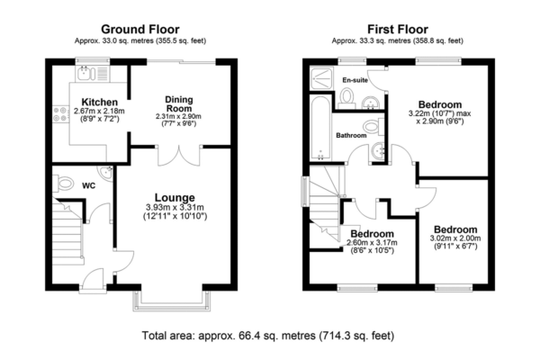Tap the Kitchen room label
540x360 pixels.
[96, 102]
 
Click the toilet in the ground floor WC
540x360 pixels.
[62, 184]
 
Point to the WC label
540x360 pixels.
[89, 186]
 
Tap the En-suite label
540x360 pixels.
[354, 80]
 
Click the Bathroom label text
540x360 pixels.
[351, 136]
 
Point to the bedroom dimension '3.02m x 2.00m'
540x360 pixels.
[454, 238]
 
